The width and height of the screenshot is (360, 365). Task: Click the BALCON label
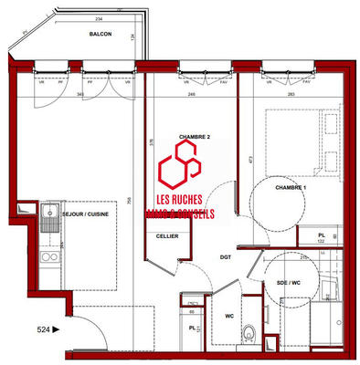(101, 33)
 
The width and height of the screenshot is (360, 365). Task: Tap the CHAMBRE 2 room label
(195, 137)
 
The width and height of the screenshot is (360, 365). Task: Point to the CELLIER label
(167, 236)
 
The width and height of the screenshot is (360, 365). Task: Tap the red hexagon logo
(180, 169)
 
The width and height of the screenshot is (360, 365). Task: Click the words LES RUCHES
(180, 200)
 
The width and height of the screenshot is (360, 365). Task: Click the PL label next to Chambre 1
(323, 235)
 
